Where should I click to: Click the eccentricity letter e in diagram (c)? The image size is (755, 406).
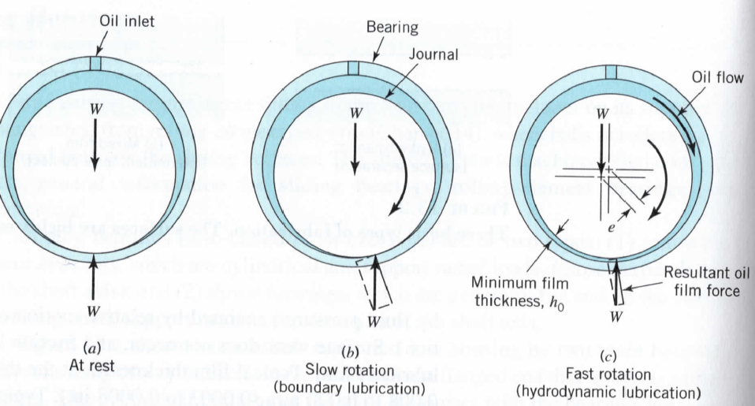coord(617,224)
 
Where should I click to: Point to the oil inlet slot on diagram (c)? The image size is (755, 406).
coord(612,72)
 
